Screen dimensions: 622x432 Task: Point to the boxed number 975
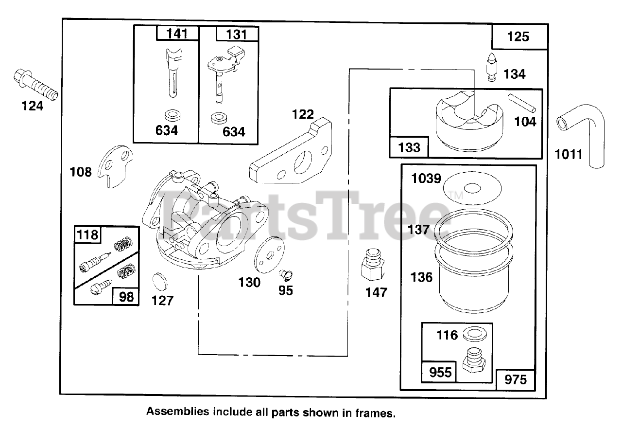[515, 379]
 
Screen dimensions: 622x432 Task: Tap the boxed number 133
[409, 147]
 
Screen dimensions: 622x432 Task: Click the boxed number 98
[126, 296]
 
